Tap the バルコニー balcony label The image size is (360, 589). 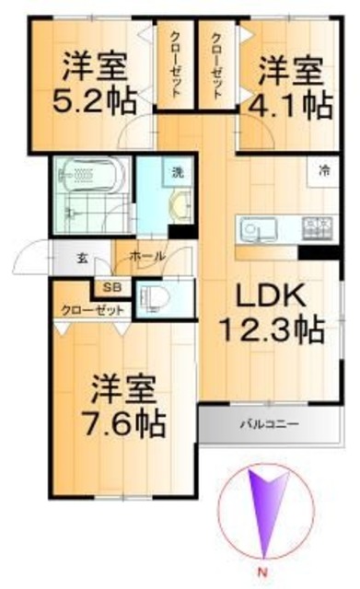coord(268,424)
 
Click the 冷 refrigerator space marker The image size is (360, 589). coord(324,169)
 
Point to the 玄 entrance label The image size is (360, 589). coord(82,257)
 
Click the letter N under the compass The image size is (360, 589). coord(265,580)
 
